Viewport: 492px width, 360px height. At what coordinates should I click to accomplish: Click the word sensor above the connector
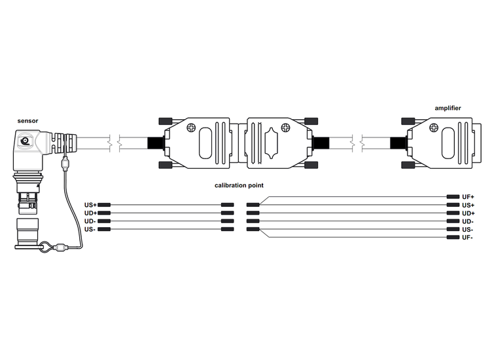click(x=27, y=121)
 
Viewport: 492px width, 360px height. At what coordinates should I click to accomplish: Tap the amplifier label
click(x=448, y=108)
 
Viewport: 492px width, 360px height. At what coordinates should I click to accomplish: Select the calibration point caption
click(x=239, y=185)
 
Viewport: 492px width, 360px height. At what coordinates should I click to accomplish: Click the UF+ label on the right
click(x=468, y=197)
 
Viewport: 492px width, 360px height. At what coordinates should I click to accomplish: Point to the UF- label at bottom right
click(x=467, y=238)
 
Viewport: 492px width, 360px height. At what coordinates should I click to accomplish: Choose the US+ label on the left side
click(x=90, y=205)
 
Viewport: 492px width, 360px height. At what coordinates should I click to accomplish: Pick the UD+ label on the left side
click(x=90, y=213)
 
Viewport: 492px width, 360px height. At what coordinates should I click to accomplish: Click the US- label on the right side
click(x=467, y=230)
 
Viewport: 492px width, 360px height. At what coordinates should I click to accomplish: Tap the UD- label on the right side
click(x=467, y=221)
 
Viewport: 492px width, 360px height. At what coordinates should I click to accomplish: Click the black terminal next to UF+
click(x=453, y=197)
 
